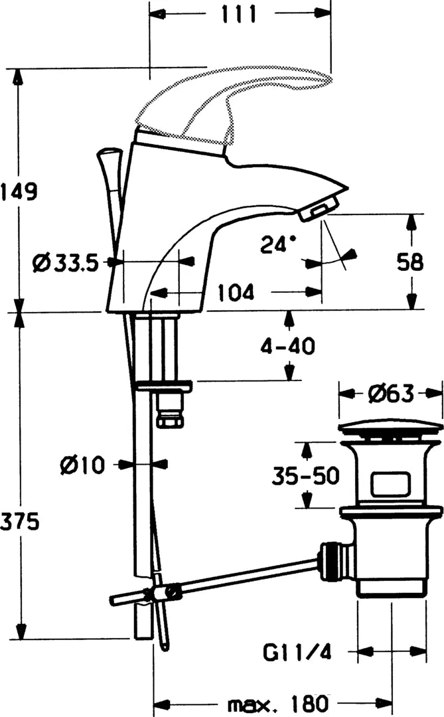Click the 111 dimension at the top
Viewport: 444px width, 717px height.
[239, 14]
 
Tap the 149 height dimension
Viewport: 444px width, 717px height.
[19, 191]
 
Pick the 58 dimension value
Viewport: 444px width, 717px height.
[409, 262]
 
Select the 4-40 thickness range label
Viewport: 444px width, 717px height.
[288, 346]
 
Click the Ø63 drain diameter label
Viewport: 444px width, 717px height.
[391, 393]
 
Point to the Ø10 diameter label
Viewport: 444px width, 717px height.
[82, 465]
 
